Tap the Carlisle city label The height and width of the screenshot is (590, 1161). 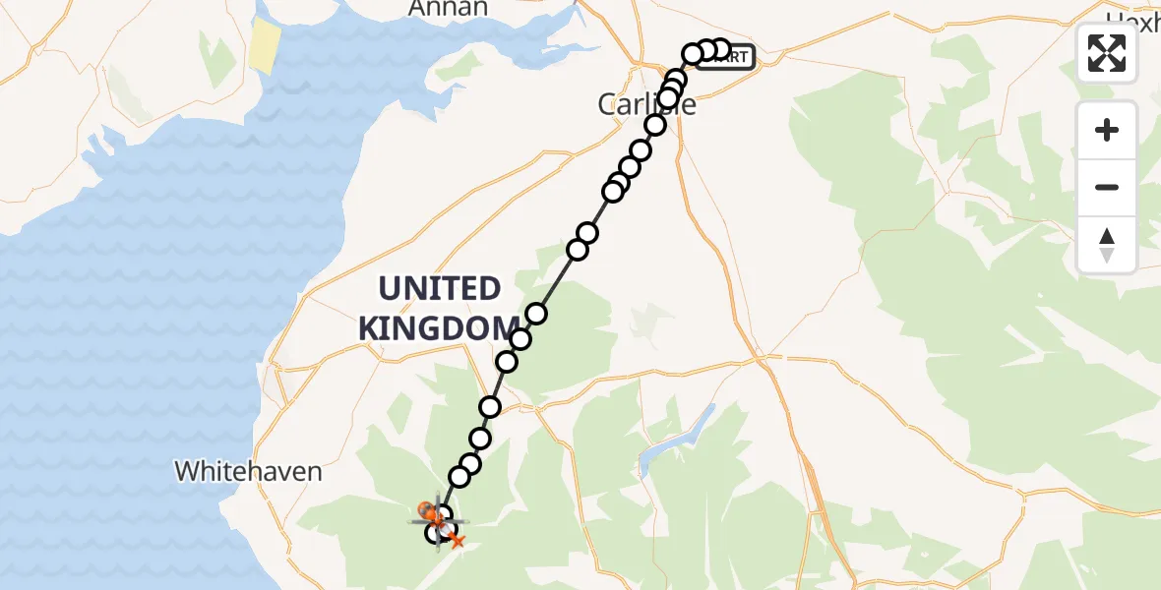pos(646,104)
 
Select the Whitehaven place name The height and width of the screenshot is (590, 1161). pos(248,471)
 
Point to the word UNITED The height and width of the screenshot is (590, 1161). pos(440,289)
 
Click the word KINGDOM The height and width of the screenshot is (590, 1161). pos(439,328)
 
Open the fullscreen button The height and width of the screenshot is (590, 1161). pos(1107,53)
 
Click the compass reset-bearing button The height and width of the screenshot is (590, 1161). pos(1107,245)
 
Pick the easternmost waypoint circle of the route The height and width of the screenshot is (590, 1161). pos(720,49)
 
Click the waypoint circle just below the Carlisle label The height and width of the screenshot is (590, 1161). pos(655,125)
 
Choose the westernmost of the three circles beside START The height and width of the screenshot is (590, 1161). pos(693,53)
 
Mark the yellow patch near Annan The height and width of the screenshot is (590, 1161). pos(265,46)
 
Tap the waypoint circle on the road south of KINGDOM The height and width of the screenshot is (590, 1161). pos(490,406)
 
